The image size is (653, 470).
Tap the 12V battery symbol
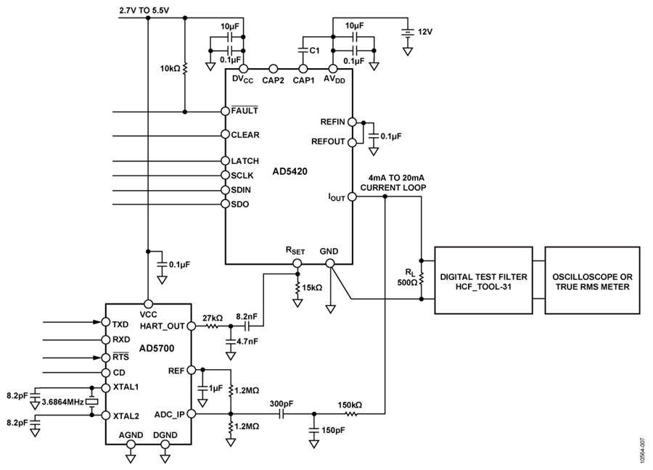[x=408, y=33]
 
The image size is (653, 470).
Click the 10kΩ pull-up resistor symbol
[x=185, y=68]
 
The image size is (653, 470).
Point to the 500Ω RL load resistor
[x=422, y=279]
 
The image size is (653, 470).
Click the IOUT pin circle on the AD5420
[x=352, y=197]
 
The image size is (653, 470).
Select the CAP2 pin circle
[x=274, y=69]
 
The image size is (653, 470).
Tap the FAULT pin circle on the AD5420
[x=226, y=111]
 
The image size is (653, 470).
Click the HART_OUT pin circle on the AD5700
[x=191, y=326]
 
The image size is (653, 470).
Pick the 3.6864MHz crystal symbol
[x=92, y=401]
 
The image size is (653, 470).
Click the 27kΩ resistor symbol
[x=212, y=326]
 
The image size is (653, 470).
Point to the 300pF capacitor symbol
[x=281, y=414]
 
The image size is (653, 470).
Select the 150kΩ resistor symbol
[x=350, y=414]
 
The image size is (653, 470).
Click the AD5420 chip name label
[x=289, y=171]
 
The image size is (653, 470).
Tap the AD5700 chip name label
[x=157, y=348]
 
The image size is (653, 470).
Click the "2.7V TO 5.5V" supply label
[x=144, y=11]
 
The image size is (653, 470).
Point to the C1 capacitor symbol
[x=303, y=50]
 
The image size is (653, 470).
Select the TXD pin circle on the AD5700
[x=106, y=322]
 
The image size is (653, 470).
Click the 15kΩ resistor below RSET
[x=297, y=288]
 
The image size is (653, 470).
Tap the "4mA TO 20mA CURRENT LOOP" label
[x=393, y=183]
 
